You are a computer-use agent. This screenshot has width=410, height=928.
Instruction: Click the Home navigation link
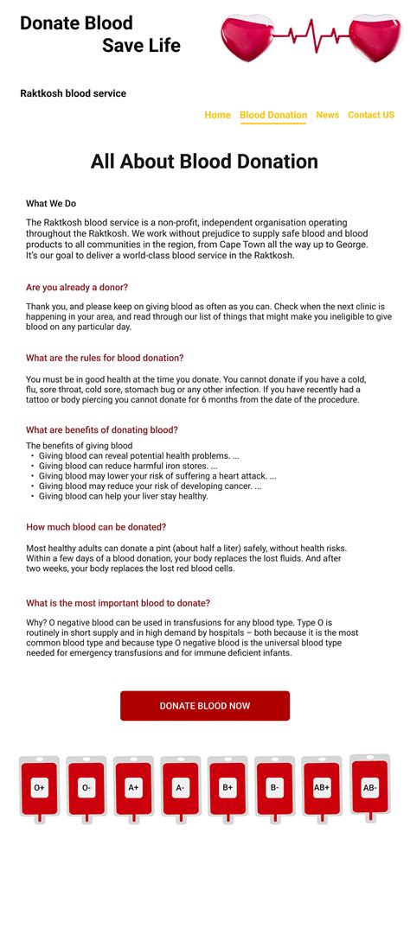click(217, 115)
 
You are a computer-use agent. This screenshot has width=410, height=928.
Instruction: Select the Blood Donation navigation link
click(273, 115)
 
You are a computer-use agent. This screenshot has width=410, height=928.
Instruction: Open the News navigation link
click(327, 115)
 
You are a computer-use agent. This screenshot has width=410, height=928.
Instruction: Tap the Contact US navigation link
click(371, 115)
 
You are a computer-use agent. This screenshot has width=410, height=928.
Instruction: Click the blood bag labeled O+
click(39, 787)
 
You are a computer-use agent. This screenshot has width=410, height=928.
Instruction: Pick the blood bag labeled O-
click(86, 787)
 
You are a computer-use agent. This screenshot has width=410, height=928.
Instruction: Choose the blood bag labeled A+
click(133, 787)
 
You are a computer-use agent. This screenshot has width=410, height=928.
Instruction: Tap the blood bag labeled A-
click(180, 787)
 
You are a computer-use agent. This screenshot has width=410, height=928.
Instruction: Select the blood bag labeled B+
click(227, 787)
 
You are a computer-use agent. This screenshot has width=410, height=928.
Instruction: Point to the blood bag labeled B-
click(274, 787)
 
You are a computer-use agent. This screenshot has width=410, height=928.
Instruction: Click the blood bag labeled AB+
click(322, 787)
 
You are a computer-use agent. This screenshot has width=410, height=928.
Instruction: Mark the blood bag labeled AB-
click(369, 786)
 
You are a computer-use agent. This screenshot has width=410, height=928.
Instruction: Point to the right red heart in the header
click(374, 38)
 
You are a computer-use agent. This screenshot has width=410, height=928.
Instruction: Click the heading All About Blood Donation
click(204, 162)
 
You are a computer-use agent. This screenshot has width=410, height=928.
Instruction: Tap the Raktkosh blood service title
click(74, 93)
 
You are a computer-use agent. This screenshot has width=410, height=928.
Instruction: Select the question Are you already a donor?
click(77, 287)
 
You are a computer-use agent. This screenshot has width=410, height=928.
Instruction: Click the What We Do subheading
click(51, 204)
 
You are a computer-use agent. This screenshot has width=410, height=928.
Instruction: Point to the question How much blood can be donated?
click(96, 527)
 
